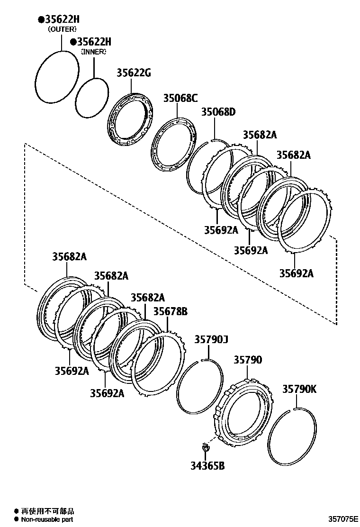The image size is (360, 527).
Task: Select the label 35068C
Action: click(180, 98)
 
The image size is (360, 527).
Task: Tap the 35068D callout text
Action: click(218, 112)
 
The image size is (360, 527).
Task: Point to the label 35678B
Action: click(170, 311)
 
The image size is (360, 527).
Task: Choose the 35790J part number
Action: click(211, 339)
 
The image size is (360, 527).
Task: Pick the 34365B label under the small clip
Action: click(207, 465)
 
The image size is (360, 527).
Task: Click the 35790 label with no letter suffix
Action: click(247, 360)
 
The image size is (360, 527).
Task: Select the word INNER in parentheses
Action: click(93, 52)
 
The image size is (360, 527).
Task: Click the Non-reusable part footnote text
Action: click(46, 519)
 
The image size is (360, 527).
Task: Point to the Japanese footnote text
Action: click(47, 511)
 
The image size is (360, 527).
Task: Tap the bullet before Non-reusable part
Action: click(16, 519)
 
